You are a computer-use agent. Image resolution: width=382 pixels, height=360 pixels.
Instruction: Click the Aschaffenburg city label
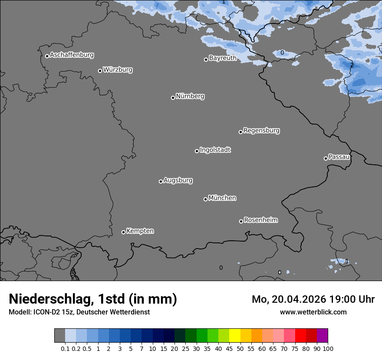tap(72, 55)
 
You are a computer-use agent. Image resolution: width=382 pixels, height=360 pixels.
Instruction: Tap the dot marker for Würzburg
tap(100, 71)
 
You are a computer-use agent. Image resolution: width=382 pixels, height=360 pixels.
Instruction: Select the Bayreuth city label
tap(223, 58)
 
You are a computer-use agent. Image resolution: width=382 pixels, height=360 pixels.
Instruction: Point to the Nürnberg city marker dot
tap(173, 98)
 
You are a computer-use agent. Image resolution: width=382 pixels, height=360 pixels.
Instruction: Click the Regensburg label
tap(261, 131)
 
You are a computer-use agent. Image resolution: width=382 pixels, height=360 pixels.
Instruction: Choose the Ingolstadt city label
tap(215, 150)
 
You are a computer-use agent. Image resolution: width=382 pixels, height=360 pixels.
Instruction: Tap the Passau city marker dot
tap(326, 158)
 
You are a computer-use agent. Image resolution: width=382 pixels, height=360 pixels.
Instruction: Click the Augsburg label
tap(178, 180)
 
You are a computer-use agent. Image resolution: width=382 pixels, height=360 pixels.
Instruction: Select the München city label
tap(222, 198)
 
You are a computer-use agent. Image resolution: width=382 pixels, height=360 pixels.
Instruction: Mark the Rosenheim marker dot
tap(241, 221)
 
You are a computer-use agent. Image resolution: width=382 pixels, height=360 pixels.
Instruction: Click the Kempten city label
tap(140, 231)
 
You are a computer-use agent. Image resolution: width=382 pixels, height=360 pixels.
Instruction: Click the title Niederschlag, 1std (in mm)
tap(93, 299)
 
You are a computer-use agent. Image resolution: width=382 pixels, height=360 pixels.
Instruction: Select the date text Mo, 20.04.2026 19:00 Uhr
tap(313, 299)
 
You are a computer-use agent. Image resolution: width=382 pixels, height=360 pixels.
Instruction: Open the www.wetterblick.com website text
tap(313, 312)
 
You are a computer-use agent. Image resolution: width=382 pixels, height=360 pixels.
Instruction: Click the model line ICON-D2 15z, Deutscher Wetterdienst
tap(79, 312)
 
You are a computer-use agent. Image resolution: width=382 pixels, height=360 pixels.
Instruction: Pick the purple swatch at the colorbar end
tap(323, 336)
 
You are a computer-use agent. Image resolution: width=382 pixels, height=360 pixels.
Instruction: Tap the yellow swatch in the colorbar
tap(235, 336)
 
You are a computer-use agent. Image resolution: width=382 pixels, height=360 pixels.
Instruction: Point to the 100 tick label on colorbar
tap(328, 348)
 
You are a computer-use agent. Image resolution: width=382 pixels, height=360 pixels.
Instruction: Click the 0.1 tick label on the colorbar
tap(65, 348)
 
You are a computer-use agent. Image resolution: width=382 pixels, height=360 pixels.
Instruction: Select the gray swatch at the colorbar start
tap(59, 336)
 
